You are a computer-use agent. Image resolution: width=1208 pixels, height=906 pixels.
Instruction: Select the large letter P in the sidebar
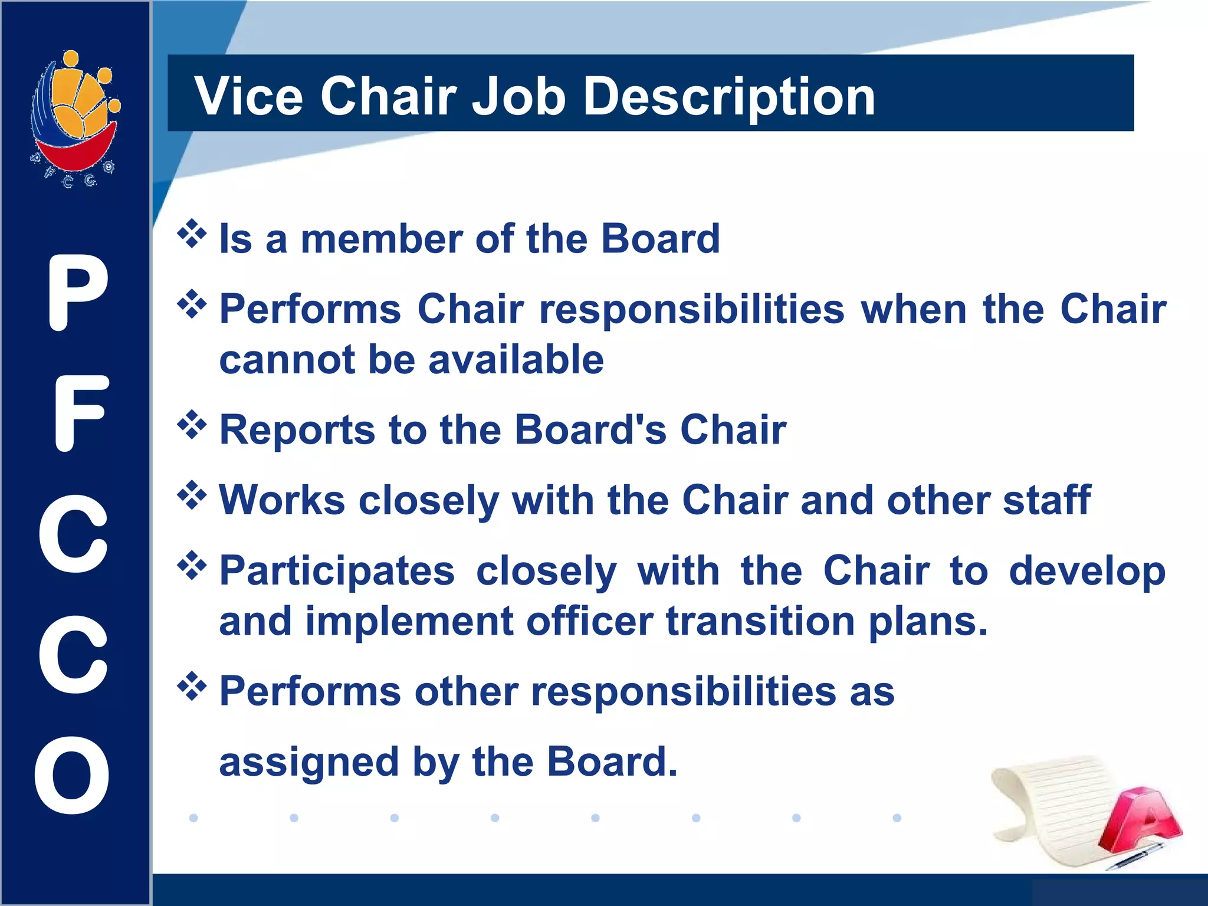point(77,293)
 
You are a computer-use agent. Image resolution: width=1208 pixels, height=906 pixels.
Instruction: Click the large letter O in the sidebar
point(73,775)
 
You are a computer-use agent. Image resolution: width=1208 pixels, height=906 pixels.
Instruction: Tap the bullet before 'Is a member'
point(192,234)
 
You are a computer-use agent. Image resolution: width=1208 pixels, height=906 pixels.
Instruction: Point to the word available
point(516,360)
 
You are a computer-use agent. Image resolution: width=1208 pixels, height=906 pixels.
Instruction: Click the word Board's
point(590,429)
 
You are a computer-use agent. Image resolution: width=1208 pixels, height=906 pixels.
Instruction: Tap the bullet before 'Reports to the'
point(192,425)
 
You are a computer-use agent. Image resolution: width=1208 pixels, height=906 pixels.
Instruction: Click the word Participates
point(337,571)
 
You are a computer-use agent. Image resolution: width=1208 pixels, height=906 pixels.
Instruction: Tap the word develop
point(1086,571)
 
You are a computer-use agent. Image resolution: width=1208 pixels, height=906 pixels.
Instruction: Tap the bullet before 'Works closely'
point(192,495)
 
